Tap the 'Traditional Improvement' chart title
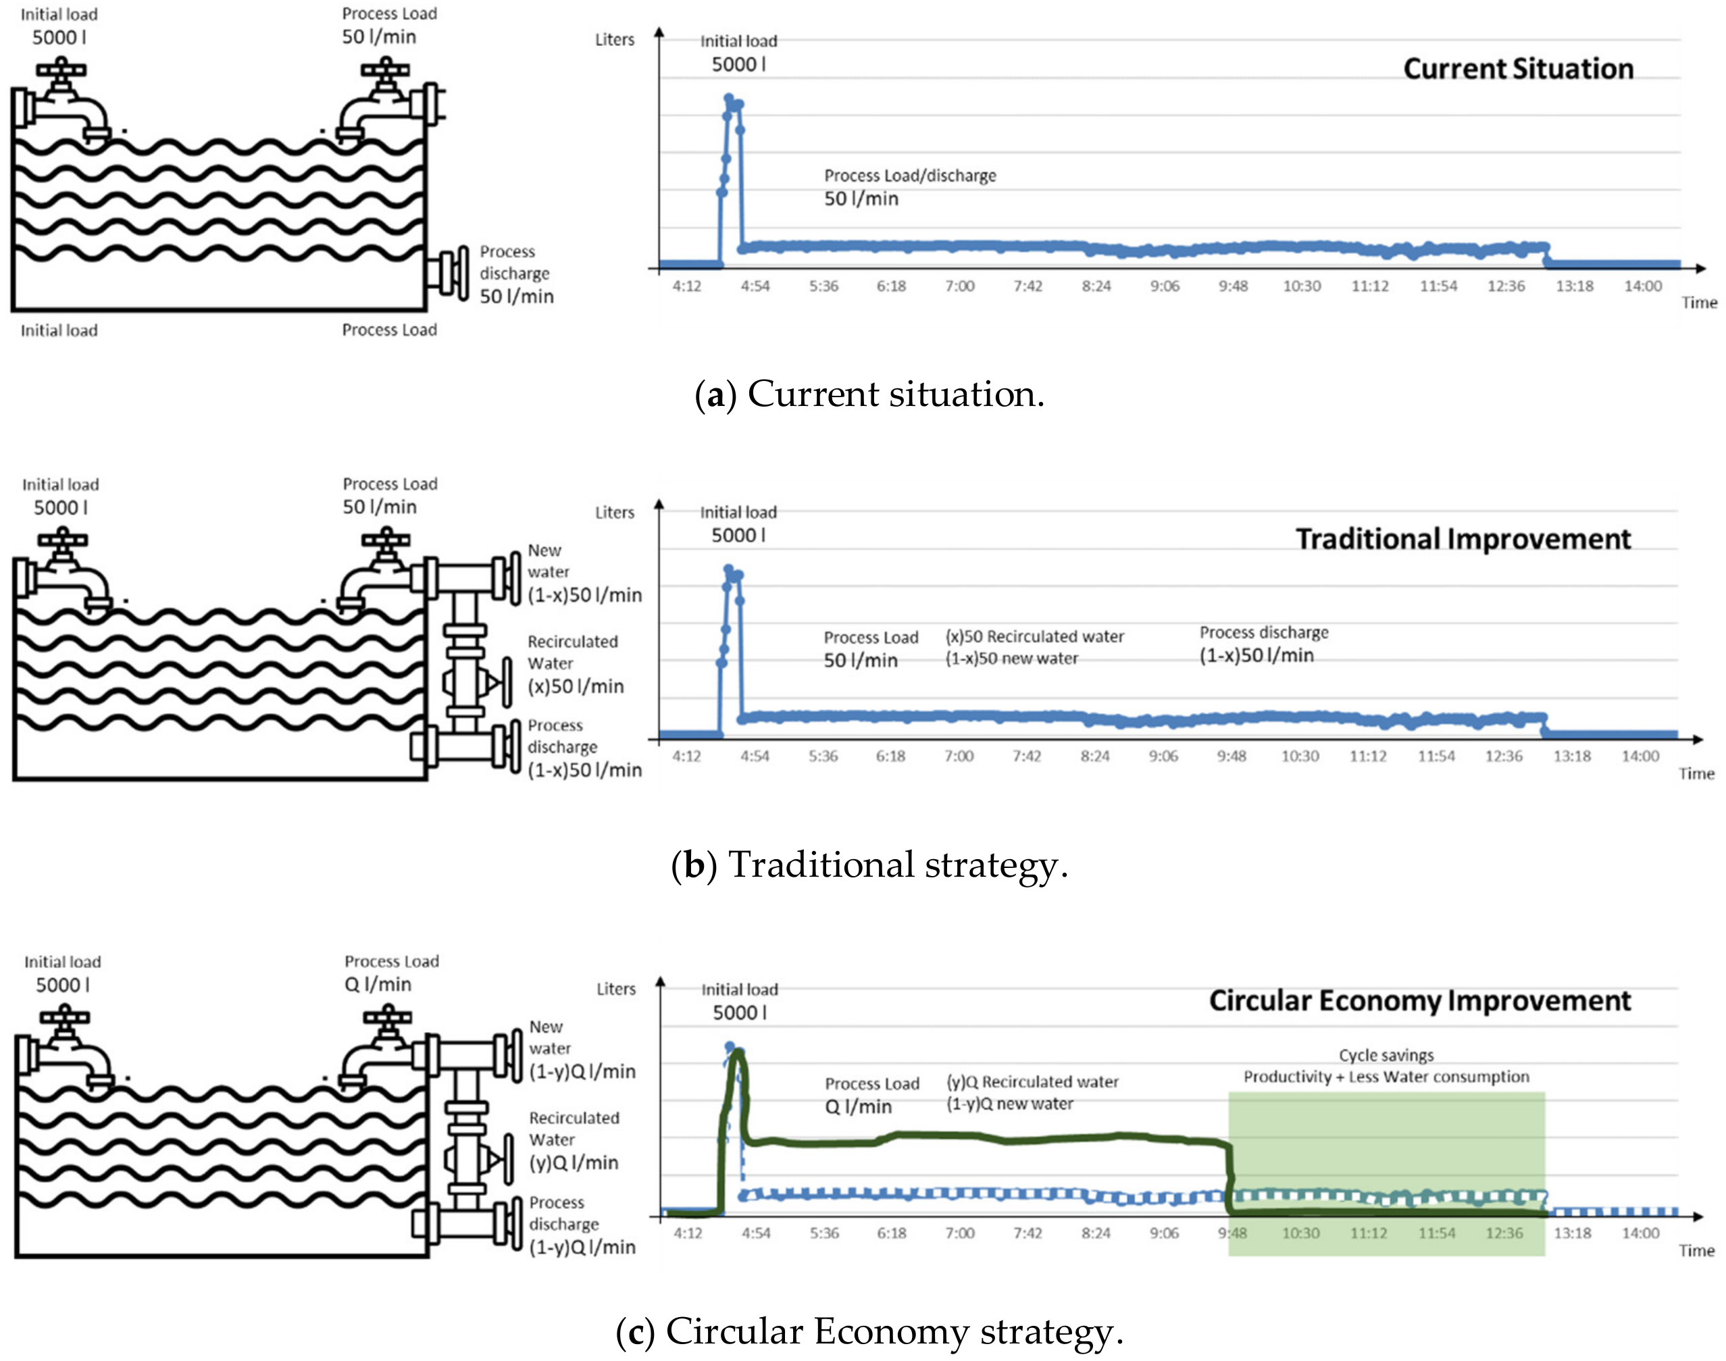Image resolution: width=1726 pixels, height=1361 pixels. click(1463, 540)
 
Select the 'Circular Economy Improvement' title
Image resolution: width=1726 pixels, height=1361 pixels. click(1419, 1001)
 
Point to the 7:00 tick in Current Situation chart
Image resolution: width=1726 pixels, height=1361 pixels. click(959, 286)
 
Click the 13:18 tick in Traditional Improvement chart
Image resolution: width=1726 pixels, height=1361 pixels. click(1571, 756)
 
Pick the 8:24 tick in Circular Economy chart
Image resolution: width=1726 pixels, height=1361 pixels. click(1096, 1233)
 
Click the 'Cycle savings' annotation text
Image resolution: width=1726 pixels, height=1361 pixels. click(1386, 1055)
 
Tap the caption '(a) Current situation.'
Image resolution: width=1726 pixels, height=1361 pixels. click(869, 394)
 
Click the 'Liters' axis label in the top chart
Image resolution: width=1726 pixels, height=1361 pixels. click(614, 40)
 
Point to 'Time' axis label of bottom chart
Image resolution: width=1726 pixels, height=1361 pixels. click(1696, 1251)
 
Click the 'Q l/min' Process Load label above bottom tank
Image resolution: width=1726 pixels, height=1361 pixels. click(378, 985)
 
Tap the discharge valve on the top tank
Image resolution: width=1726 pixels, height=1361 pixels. click(450, 274)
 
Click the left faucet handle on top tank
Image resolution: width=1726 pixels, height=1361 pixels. click(61, 70)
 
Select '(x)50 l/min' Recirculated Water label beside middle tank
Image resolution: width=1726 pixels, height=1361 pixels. click(576, 687)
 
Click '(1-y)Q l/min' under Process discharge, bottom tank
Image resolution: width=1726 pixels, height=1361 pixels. click(582, 1248)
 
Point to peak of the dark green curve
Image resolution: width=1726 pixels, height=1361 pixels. click(738, 1054)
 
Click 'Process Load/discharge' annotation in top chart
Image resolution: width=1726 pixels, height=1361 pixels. click(909, 176)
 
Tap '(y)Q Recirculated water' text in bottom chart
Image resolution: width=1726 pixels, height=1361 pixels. click(1032, 1082)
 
